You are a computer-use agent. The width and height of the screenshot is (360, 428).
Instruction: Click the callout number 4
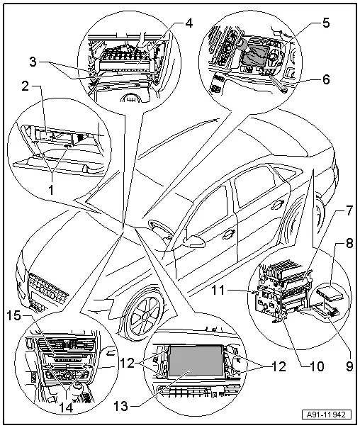(189, 24)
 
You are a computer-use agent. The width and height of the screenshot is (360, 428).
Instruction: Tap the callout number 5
(326, 23)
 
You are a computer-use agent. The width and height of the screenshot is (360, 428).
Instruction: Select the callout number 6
(326, 79)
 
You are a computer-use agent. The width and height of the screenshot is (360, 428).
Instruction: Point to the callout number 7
(349, 210)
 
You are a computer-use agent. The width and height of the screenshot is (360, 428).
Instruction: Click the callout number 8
(349, 242)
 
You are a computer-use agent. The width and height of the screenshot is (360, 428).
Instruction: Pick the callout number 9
(349, 366)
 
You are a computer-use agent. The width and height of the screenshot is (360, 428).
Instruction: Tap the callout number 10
(317, 366)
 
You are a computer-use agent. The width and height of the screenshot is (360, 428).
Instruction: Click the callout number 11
(218, 290)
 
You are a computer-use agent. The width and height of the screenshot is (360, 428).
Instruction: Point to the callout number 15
(14, 316)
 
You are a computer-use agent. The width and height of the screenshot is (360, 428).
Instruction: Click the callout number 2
(25, 86)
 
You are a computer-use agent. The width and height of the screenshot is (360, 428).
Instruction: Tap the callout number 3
(33, 62)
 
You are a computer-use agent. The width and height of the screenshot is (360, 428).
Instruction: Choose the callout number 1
(51, 190)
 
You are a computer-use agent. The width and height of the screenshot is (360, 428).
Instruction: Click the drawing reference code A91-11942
(326, 415)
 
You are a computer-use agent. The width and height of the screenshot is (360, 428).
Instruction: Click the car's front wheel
(142, 317)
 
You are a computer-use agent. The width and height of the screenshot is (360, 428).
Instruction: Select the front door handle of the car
(229, 235)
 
